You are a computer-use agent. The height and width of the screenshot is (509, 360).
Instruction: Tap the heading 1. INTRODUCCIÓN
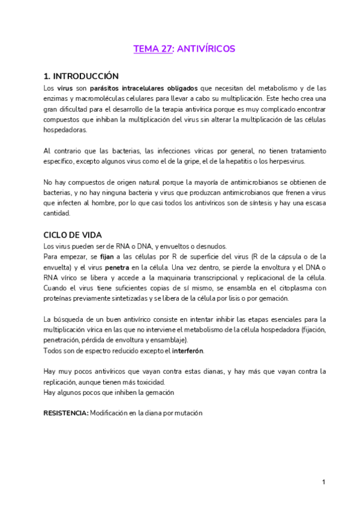tap(81, 76)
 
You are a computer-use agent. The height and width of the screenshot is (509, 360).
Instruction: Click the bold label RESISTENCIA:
tap(66, 413)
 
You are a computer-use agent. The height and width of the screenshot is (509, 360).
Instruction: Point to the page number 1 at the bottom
tap(323, 481)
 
